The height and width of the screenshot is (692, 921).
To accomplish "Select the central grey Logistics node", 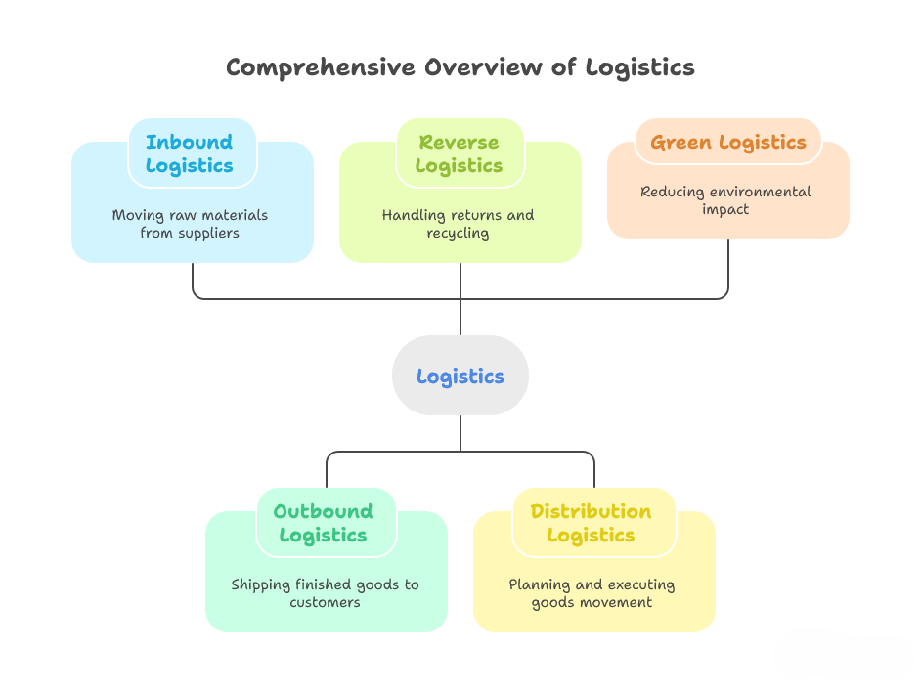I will pyautogui.click(x=460, y=376).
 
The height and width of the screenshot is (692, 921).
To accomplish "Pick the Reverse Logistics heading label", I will pyautogui.click(x=460, y=153).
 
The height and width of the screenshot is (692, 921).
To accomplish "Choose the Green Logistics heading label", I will pyautogui.click(x=727, y=142).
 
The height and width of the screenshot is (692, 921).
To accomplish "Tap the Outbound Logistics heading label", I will pyautogui.click(x=324, y=523).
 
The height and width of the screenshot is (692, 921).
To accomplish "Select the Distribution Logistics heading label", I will pyautogui.click(x=591, y=523).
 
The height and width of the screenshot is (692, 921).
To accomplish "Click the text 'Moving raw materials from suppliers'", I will pyautogui.click(x=190, y=224).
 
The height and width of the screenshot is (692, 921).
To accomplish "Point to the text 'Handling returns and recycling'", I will pyautogui.click(x=459, y=224).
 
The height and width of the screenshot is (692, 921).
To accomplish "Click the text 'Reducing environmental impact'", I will pyautogui.click(x=725, y=200).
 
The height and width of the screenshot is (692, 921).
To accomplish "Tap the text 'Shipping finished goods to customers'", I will pyautogui.click(x=325, y=593).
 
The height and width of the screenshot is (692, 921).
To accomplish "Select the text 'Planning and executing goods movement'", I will pyautogui.click(x=592, y=593).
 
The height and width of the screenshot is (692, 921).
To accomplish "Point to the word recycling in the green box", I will pyautogui.click(x=459, y=234).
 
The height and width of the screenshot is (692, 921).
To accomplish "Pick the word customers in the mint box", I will pyautogui.click(x=325, y=603).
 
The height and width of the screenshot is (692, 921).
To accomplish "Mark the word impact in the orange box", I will pyautogui.click(x=725, y=209).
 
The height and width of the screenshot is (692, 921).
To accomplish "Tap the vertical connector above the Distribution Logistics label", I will pyautogui.click(x=593, y=471).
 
